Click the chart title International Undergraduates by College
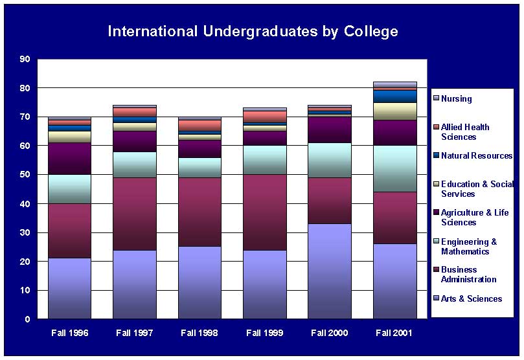click(253, 31)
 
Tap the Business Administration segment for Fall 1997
click(135, 214)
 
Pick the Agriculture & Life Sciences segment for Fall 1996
click(70, 159)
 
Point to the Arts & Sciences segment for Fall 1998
click(199, 283)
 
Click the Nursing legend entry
click(456, 99)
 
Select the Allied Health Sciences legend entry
click(465, 132)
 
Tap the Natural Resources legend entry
click(476, 156)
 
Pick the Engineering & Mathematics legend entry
click(468, 246)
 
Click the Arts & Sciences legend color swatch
click(437, 298)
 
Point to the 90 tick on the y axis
click(25, 59)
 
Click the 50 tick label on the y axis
click(25, 175)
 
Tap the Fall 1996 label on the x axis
click(70, 333)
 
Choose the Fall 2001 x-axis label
click(394, 333)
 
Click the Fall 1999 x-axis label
click(264, 333)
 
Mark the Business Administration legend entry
click(468, 275)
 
